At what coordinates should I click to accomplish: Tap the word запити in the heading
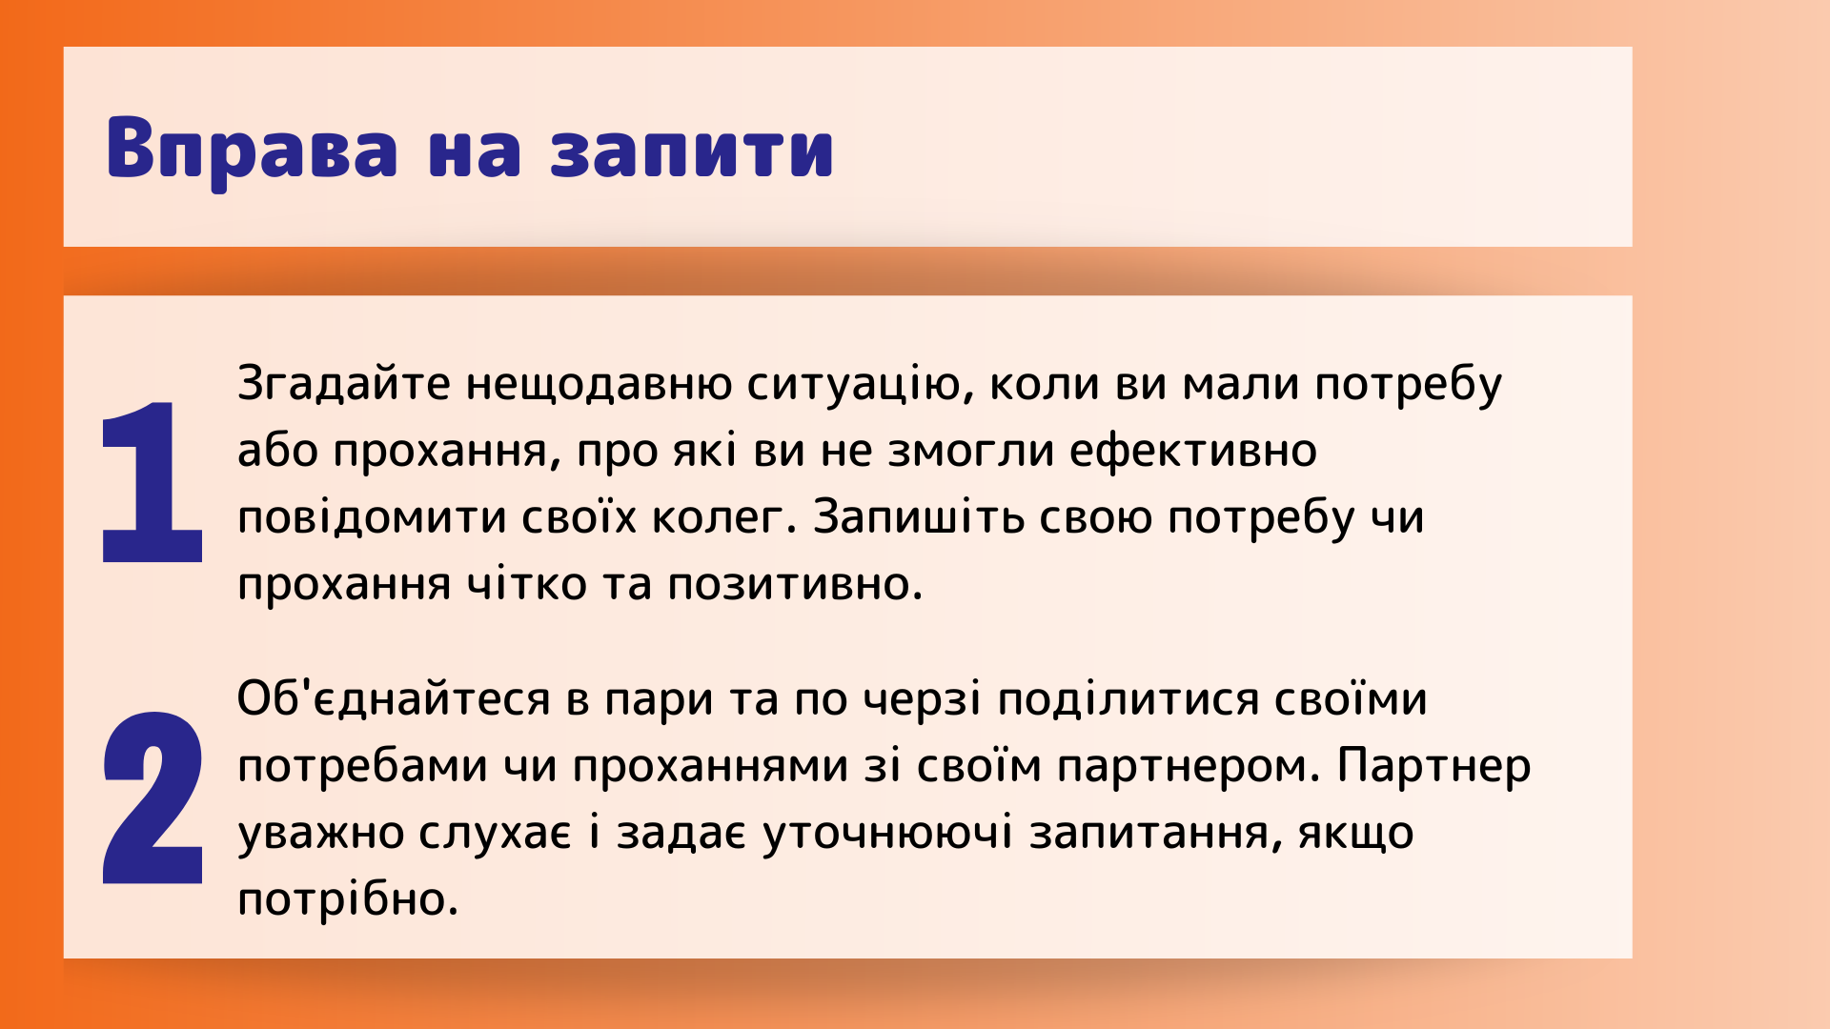[692, 149]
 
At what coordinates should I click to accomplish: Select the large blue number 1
[152, 482]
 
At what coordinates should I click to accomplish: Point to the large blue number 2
[152, 797]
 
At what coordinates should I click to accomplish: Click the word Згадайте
[344, 385]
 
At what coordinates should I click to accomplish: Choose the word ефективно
[1193, 452]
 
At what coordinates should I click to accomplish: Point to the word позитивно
[795, 585]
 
